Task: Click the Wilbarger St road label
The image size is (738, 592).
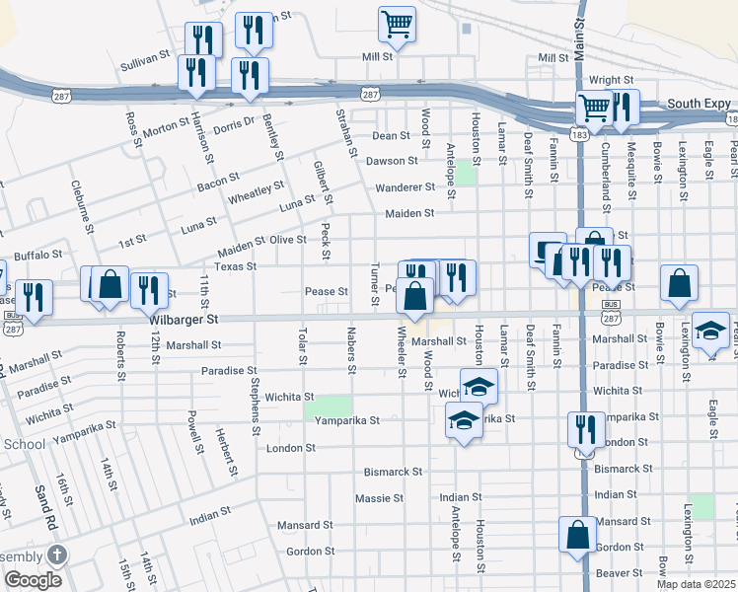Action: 184,320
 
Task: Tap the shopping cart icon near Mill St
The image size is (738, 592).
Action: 397,24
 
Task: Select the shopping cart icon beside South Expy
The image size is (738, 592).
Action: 594,109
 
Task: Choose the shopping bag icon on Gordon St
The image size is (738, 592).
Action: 577,535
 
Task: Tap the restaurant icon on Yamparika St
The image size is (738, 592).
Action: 586,429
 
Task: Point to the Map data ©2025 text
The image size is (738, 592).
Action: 696,584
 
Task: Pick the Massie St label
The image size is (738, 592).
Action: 374,497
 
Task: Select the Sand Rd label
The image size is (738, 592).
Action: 43,505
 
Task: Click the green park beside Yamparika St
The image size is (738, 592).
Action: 328,407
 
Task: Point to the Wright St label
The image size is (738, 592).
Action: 611,80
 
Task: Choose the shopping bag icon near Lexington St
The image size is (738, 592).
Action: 680,282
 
